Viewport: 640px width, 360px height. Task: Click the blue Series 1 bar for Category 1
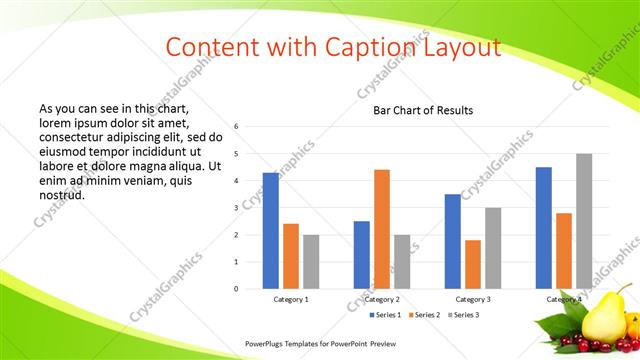(270, 231)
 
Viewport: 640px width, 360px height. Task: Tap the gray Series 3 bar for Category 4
(584, 221)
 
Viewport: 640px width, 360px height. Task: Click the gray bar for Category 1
(311, 261)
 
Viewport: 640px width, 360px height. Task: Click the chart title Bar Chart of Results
(423, 110)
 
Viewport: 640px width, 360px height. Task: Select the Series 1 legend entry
(387, 315)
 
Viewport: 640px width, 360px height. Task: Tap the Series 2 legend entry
(428, 315)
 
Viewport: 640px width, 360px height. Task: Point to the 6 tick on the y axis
(235, 127)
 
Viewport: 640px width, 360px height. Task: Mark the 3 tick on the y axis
(235, 208)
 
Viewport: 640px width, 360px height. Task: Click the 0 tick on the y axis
(235, 289)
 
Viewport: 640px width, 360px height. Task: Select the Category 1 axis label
(291, 299)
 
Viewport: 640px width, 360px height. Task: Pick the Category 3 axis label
(473, 299)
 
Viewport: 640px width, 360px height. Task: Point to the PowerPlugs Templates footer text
(327, 343)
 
